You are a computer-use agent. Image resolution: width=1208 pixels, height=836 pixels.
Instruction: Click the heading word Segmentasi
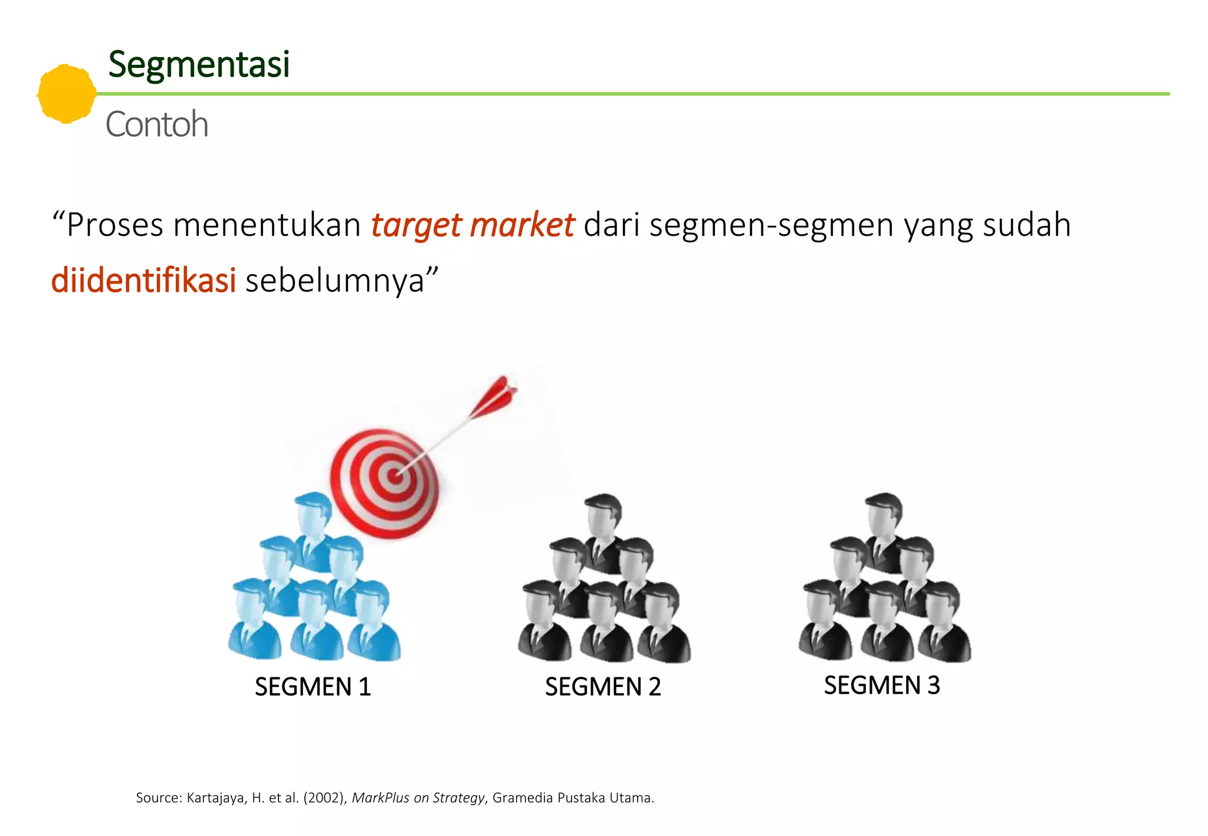pos(199,64)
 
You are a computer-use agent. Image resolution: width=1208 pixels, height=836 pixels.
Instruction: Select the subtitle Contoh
pos(157,124)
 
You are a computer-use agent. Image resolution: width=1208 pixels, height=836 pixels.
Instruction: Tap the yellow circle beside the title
pos(67,94)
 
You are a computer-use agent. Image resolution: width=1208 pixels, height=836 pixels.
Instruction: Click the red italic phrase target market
pos(472,225)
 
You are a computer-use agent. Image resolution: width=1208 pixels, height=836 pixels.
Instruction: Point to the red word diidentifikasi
pos(143,281)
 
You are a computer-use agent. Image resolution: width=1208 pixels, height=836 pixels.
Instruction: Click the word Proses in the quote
pos(114,225)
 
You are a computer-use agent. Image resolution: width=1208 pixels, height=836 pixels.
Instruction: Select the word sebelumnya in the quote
pos(334,281)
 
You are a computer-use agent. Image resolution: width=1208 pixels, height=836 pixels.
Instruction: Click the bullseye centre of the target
pos(395,475)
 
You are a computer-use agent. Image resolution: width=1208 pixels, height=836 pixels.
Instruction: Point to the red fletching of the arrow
pos(495,396)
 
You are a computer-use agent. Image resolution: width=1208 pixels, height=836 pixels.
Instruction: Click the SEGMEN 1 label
pos(313,687)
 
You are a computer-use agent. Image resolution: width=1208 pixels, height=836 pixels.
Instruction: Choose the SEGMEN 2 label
pos(603,687)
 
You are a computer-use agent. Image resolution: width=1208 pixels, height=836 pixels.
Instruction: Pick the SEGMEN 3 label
pos(882,685)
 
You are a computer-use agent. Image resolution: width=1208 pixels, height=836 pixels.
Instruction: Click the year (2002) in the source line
pos(324,798)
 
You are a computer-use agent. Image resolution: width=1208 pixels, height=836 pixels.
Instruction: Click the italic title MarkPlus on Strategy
pos(418,798)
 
